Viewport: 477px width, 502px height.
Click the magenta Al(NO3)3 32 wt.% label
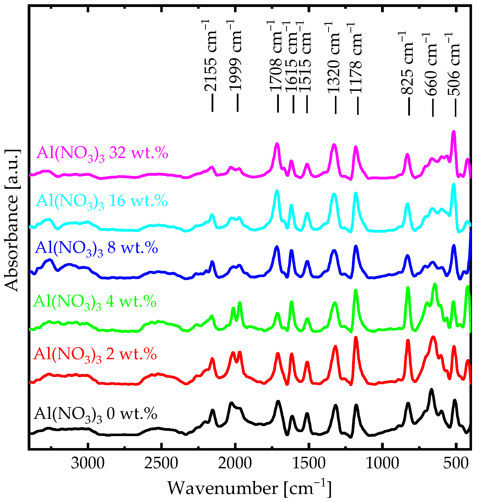[x=102, y=154]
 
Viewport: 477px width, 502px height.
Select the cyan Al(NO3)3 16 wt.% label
[x=102, y=201]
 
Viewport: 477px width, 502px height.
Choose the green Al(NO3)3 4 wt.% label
[x=95, y=302]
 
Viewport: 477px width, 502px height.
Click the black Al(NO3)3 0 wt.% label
[x=95, y=415]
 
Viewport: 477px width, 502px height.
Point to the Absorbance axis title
[x=11, y=220]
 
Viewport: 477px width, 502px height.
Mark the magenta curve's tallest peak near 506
[x=453, y=132]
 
